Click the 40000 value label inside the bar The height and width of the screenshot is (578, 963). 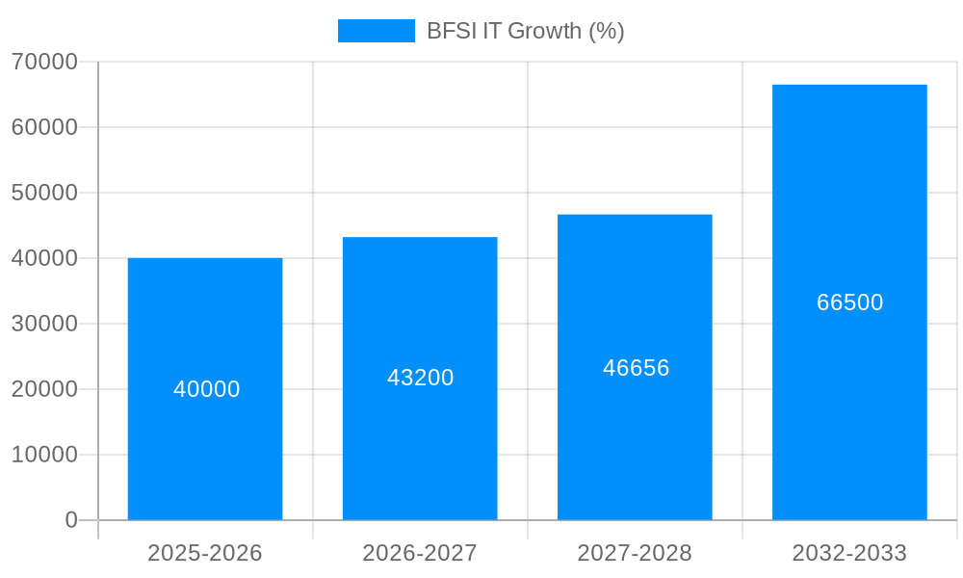(x=207, y=389)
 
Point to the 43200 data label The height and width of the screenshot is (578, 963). (x=421, y=378)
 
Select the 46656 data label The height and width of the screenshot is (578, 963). (x=637, y=368)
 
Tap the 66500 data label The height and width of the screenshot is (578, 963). (x=850, y=302)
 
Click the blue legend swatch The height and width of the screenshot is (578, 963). (x=377, y=31)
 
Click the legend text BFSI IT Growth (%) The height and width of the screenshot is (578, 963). (x=526, y=31)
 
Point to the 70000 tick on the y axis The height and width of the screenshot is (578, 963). (x=44, y=62)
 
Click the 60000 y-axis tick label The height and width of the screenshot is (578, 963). (x=44, y=127)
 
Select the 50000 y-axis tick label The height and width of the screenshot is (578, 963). (x=44, y=193)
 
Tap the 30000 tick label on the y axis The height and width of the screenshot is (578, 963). (x=44, y=324)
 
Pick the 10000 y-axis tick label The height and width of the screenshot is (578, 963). (x=44, y=455)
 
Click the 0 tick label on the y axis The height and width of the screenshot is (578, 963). (x=71, y=520)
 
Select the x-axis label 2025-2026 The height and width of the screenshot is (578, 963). (x=205, y=553)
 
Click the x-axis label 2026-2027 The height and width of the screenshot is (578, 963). (x=420, y=553)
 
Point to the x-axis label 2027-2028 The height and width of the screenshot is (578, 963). (x=635, y=553)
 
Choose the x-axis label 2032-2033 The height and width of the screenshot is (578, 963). (x=849, y=553)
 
